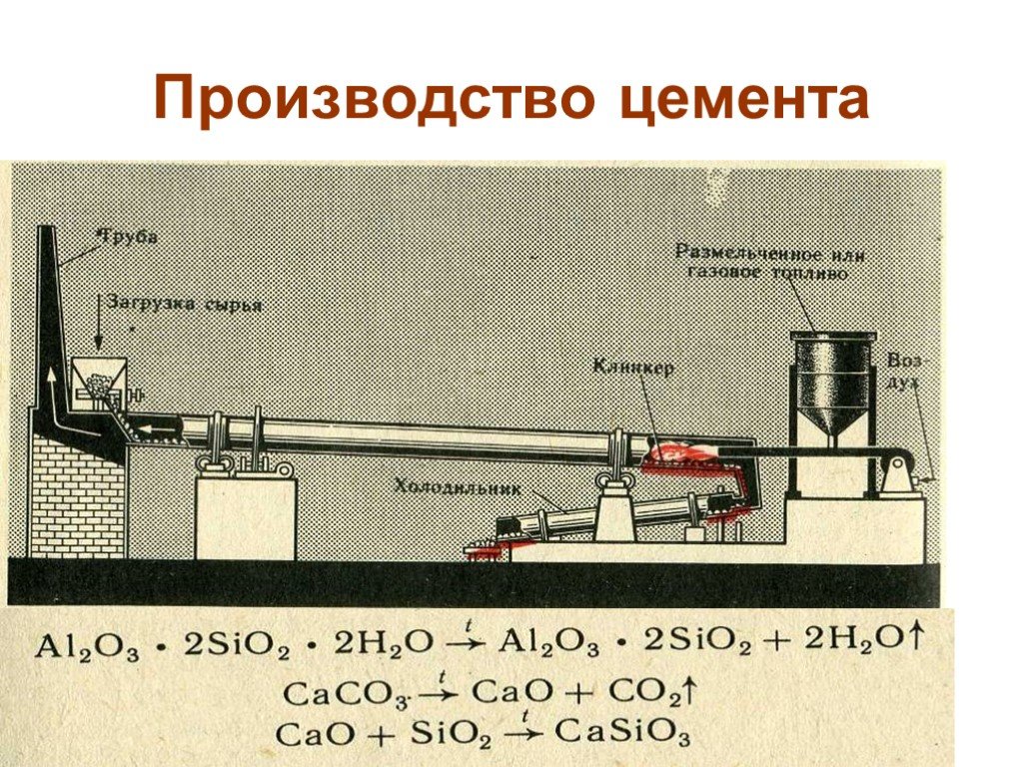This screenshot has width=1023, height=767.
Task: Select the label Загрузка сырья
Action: click(x=184, y=304)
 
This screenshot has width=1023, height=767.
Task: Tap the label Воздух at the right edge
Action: click(x=903, y=370)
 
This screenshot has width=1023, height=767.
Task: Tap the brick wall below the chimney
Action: click(x=75, y=499)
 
